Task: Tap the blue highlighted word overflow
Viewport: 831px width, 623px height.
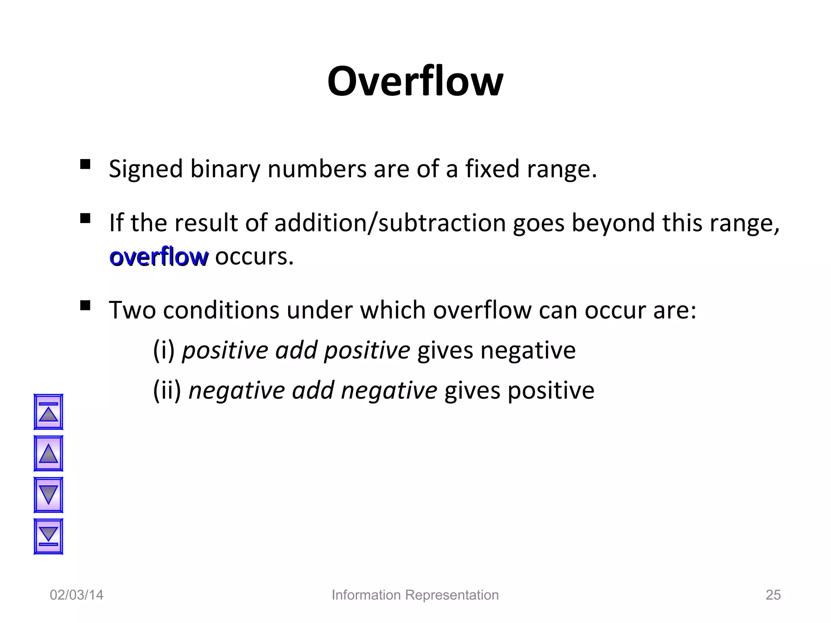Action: coord(159,257)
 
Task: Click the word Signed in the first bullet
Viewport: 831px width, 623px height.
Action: coord(146,169)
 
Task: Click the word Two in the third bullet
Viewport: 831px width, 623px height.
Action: coord(132,310)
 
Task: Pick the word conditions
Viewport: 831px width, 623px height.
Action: coord(221,310)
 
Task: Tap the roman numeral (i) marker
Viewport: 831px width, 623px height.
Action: coord(164,350)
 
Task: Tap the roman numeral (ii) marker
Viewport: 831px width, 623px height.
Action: coord(167,391)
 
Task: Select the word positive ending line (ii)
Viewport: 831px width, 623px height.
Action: coord(551,391)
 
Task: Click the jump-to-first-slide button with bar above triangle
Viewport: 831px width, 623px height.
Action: coord(48,412)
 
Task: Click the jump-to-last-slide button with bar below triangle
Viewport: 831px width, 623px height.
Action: coord(48,536)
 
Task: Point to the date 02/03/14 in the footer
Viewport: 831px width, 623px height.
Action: coord(76,595)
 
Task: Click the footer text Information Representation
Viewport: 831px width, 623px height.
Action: coord(415,595)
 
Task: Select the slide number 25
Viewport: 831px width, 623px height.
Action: coord(773,595)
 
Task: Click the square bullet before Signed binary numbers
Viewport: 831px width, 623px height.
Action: coord(85,164)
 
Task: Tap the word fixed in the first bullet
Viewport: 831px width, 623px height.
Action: coord(492,169)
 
